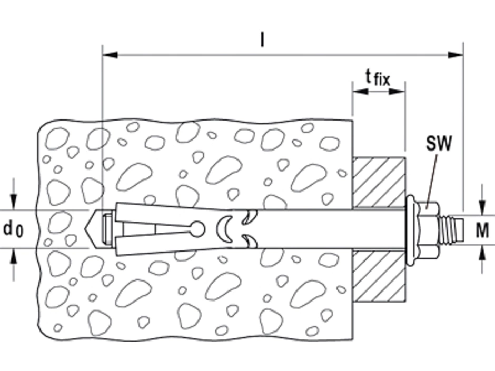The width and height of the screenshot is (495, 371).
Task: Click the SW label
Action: tap(439, 143)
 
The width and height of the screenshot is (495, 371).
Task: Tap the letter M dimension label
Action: tap(482, 230)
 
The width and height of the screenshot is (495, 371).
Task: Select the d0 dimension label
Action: tap(13, 229)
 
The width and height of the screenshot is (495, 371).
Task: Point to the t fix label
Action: tap(378, 77)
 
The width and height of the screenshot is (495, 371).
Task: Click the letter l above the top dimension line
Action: tap(262, 40)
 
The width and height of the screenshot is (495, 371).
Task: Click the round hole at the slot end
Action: tap(198, 229)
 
